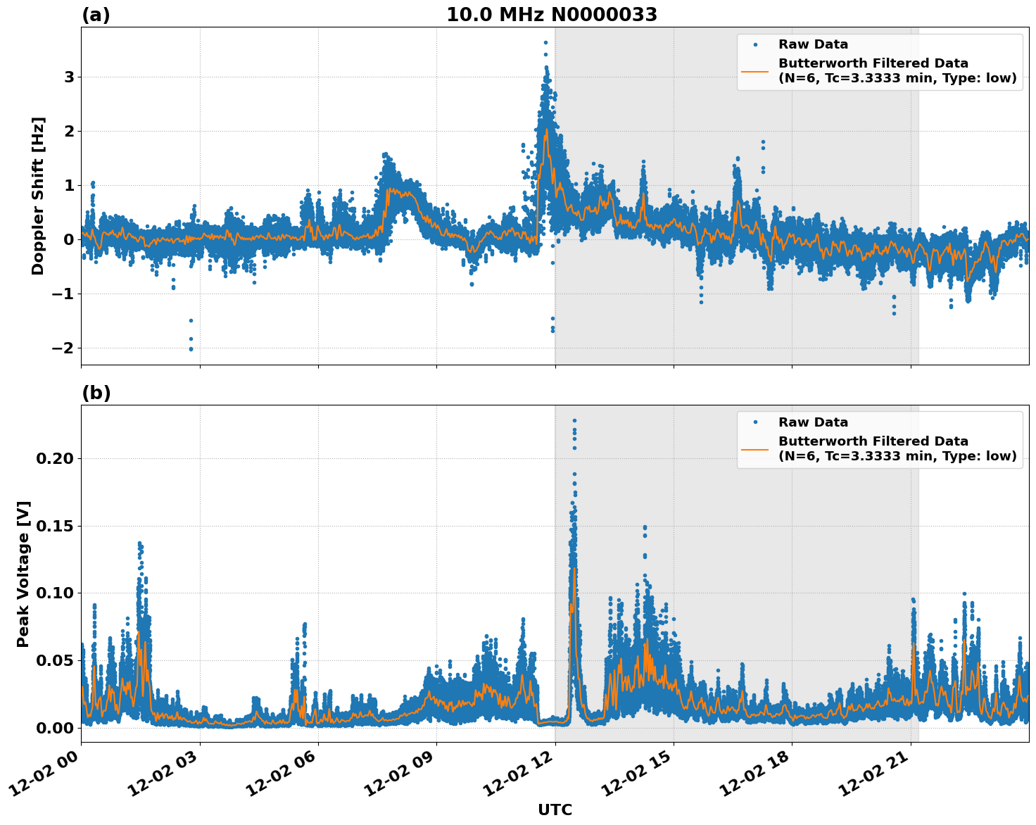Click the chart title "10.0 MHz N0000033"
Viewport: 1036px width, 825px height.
click(x=551, y=15)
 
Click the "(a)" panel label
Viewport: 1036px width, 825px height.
click(x=96, y=15)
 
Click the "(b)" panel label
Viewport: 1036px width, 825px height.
click(x=96, y=393)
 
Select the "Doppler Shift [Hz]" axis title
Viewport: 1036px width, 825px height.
click(x=38, y=196)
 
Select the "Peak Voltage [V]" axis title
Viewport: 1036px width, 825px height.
click(x=23, y=574)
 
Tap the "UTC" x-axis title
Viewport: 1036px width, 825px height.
click(x=555, y=810)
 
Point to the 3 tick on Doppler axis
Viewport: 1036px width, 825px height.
click(x=69, y=77)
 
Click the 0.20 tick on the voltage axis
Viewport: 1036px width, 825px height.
click(x=55, y=459)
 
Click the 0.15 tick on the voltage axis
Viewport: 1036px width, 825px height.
click(x=55, y=527)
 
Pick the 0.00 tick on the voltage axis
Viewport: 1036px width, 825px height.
click(x=55, y=728)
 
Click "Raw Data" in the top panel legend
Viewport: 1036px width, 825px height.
click(x=813, y=44)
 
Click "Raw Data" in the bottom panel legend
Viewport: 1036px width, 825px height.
click(x=813, y=422)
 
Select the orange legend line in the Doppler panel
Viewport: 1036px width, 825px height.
click(x=754, y=70)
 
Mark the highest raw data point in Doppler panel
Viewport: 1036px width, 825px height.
click(x=545, y=42)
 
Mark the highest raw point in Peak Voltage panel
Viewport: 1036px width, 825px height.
click(x=574, y=420)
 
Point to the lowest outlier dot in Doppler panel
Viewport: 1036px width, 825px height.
click(x=191, y=348)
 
